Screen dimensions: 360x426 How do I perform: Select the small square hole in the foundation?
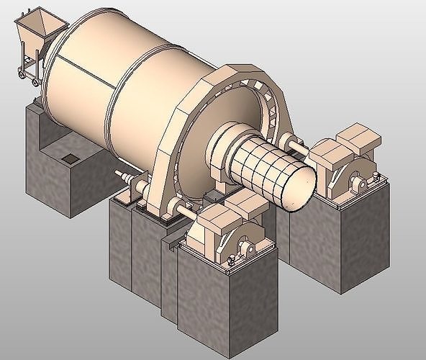click(x=70, y=158)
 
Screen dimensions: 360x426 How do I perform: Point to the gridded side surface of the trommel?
click(x=263, y=166)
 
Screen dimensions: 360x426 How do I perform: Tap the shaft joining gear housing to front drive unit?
click(x=184, y=215)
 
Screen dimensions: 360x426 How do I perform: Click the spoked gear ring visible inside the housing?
click(x=270, y=108)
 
